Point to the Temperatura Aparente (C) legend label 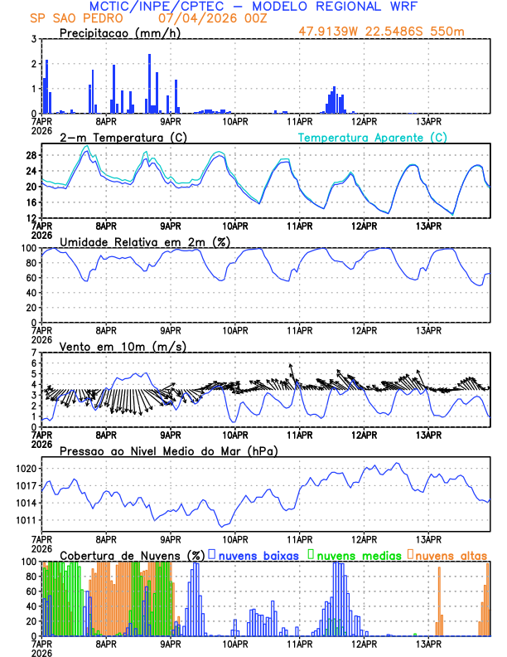pyautogui.click(x=373, y=137)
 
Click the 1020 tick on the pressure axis pyautogui.click(x=26, y=469)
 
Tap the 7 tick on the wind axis pyautogui.click(x=34, y=353)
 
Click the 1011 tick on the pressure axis pyautogui.click(x=26, y=520)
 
